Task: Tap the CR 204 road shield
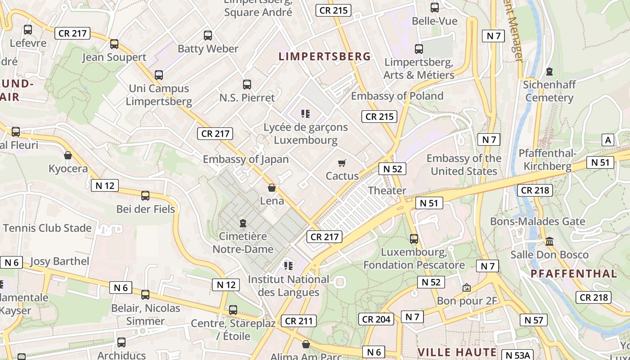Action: tap(377, 319)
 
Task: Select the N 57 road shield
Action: tap(534, 320)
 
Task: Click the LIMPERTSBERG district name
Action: tap(325, 56)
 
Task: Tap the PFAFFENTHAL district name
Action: tap(574, 274)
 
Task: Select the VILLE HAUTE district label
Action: tap(457, 352)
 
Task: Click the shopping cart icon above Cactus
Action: tap(342, 163)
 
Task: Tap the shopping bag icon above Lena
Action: tap(272, 188)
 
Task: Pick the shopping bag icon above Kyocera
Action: tap(68, 156)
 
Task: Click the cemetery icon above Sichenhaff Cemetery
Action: tap(549, 72)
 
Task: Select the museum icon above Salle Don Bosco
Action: tap(549, 242)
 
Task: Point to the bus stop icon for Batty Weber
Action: tap(207, 35)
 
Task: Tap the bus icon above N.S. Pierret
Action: tap(247, 84)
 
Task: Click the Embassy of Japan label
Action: tap(246, 159)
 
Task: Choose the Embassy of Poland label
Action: tap(397, 96)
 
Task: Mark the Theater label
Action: tap(387, 190)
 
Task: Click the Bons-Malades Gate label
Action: tap(537, 221)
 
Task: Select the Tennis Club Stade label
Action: tap(47, 228)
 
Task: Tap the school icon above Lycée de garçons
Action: tap(306, 114)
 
